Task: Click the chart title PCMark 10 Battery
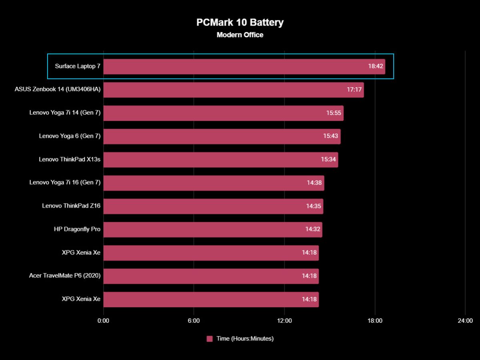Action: (x=240, y=22)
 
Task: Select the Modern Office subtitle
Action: (x=240, y=35)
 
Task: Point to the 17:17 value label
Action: (x=354, y=90)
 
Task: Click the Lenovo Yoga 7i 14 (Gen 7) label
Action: (x=65, y=113)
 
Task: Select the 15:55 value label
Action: (x=334, y=113)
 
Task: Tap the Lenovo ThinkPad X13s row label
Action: (x=70, y=159)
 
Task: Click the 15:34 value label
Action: (x=328, y=159)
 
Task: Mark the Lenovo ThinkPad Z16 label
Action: (x=71, y=206)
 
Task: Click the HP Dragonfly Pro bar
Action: (x=212, y=229)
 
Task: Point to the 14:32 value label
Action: (x=313, y=230)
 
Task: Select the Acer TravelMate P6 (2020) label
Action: (x=65, y=276)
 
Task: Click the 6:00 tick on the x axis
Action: (x=194, y=321)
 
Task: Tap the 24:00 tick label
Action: (x=465, y=321)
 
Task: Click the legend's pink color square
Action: (x=210, y=339)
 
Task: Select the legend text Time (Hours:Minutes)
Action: (x=245, y=339)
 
